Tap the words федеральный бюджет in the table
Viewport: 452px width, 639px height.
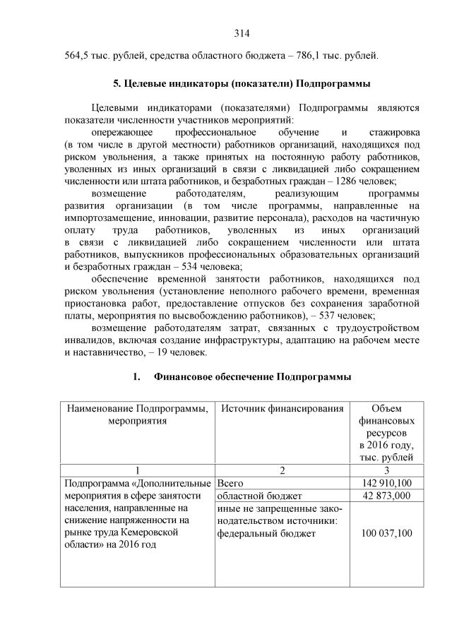tap(267, 533)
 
